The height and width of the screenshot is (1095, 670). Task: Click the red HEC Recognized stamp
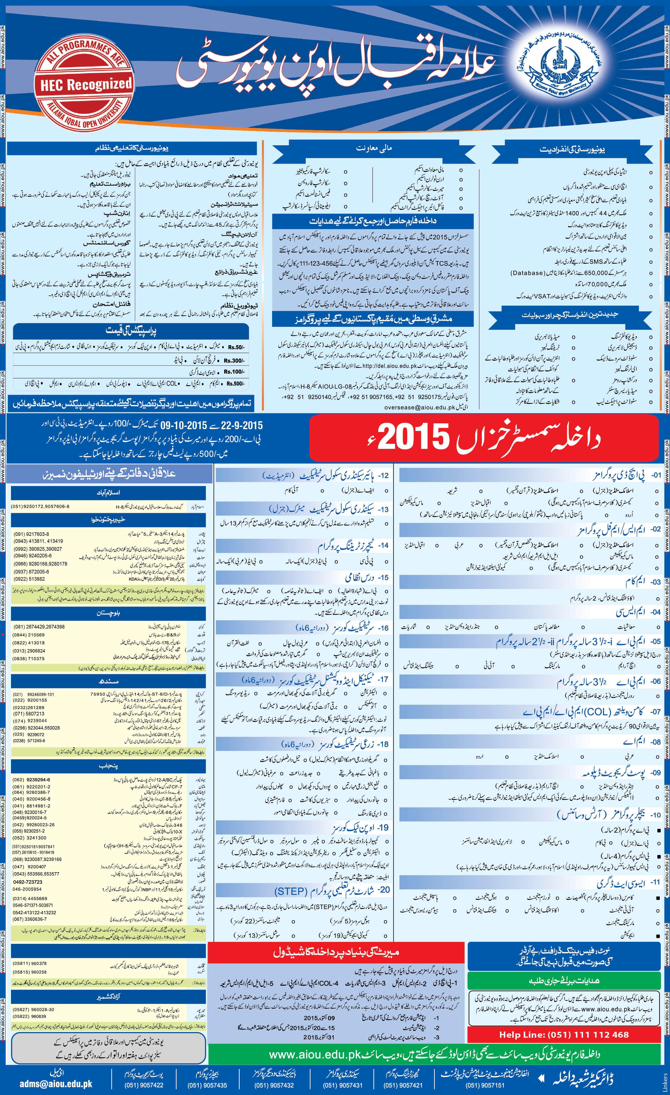click(x=84, y=84)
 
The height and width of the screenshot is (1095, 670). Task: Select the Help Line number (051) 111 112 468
click(x=564, y=1035)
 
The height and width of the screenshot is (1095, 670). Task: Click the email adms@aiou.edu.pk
click(x=56, y=1084)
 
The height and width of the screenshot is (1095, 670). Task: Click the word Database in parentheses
click(x=527, y=273)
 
